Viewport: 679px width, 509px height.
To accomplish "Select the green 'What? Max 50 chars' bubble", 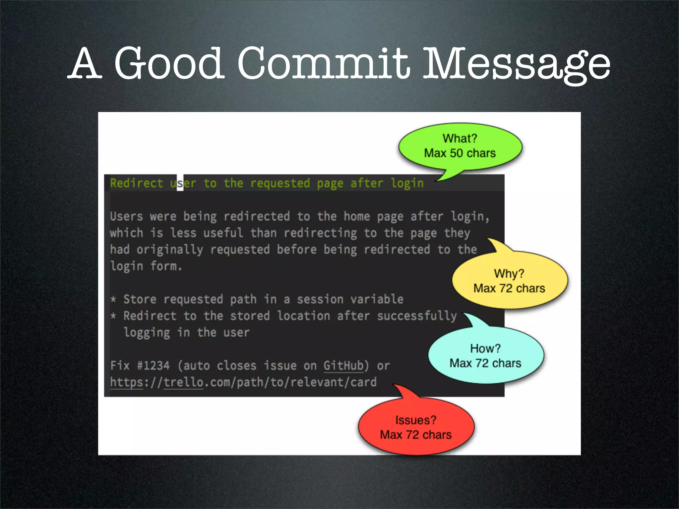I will [x=460, y=146].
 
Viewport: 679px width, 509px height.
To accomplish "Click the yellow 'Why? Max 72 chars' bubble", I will [x=509, y=281].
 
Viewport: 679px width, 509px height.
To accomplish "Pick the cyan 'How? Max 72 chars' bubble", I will [x=485, y=356].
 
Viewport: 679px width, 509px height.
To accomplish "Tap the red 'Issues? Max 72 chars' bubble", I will [x=416, y=427].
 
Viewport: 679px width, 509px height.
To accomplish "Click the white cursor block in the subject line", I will [x=180, y=183].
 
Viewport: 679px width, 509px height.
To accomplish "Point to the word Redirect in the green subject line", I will [x=136, y=183].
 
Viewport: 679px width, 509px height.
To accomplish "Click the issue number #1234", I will [x=154, y=366].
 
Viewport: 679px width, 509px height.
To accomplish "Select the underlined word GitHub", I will [x=343, y=366].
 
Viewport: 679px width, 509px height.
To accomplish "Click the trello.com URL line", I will [x=243, y=382].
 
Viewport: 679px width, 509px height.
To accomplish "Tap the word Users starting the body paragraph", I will [x=126, y=217].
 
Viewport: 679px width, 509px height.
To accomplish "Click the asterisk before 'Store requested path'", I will [x=113, y=300].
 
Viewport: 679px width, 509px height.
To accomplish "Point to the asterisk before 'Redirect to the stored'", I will [x=113, y=316].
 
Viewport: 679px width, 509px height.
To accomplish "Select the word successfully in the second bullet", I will [x=417, y=316].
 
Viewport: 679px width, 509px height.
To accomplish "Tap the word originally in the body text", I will [x=170, y=250].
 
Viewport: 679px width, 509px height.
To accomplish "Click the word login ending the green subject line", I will [x=407, y=183].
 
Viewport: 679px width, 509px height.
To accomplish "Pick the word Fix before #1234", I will [x=120, y=366].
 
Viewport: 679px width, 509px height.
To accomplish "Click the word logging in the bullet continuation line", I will [x=147, y=333].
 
